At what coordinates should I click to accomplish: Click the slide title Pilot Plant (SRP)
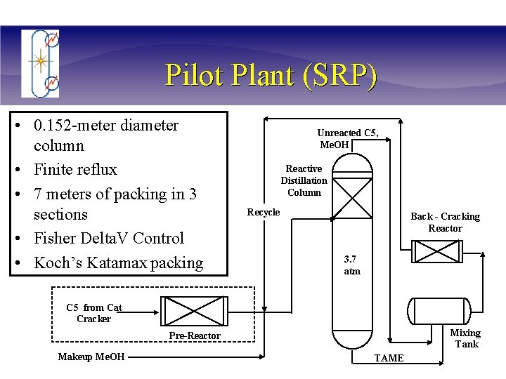tap(271, 74)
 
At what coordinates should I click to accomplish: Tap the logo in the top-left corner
tap(41, 62)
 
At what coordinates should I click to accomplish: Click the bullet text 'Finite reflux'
tap(75, 170)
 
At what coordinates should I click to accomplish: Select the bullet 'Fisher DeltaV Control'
tap(108, 239)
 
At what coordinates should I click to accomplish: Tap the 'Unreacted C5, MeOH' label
tap(347, 139)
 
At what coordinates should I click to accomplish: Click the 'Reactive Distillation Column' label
tap(304, 180)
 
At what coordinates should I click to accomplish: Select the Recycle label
tap(263, 213)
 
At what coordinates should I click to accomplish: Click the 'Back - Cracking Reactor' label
tap(445, 222)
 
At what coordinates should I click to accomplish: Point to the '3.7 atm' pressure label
tap(351, 265)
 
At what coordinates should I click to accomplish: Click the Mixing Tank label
tap(465, 338)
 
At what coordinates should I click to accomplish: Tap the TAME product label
tap(389, 359)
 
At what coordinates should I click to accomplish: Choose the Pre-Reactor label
tap(195, 336)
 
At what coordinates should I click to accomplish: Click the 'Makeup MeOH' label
tap(91, 357)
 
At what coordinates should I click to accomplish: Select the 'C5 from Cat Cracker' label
tap(94, 313)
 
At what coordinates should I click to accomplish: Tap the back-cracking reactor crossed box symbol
tap(435, 252)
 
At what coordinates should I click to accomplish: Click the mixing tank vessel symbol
tap(439, 312)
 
